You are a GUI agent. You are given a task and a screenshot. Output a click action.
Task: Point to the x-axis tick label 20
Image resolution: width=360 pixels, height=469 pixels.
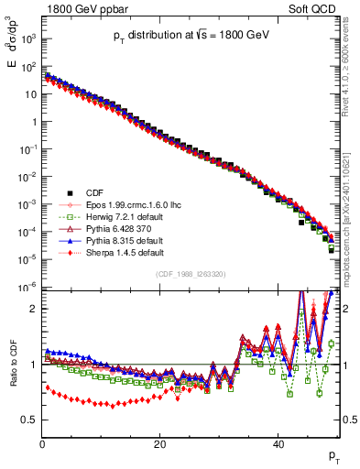click(x=160, y=443)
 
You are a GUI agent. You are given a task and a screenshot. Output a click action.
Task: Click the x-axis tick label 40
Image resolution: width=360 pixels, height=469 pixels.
click(x=278, y=443)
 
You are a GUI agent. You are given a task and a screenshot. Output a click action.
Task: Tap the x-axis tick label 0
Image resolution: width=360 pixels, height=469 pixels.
click(x=42, y=443)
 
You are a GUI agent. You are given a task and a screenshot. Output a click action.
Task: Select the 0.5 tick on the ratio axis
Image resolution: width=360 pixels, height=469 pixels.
click(x=29, y=420)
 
